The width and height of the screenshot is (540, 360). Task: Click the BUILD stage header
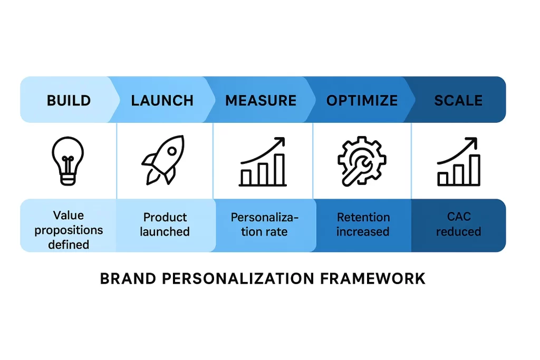click(69, 101)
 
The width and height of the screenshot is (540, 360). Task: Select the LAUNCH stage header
click(162, 101)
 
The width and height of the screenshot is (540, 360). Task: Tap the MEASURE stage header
click(261, 101)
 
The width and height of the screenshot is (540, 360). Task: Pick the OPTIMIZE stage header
click(362, 101)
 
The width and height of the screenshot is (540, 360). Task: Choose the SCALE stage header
click(458, 101)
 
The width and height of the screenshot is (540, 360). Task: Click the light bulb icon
click(68, 161)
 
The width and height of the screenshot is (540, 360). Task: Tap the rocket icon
click(163, 160)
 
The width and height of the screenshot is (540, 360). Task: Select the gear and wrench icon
click(362, 161)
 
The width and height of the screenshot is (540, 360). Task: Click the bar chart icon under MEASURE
click(263, 161)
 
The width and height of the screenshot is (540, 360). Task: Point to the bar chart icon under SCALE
click(459, 161)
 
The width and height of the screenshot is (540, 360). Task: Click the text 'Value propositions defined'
click(69, 230)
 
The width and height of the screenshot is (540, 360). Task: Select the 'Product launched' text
click(165, 225)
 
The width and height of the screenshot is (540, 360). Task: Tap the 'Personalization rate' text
click(265, 225)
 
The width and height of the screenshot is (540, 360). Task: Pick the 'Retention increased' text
click(363, 225)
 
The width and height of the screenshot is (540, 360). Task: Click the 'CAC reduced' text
click(459, 224)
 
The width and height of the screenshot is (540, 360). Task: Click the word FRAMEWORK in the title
click(373, 278)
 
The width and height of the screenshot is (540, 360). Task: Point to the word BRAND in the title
click(128, 278)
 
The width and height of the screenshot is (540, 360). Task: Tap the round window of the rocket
click(172, 151)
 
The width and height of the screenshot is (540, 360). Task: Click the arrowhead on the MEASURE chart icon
click(280, 141)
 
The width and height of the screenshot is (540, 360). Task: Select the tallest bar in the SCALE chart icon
click(475, 170)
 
